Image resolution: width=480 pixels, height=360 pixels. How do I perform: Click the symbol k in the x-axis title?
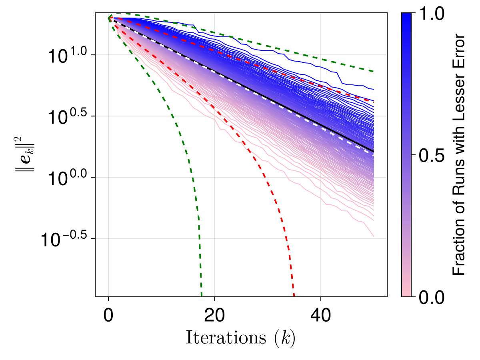pos(286,338)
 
